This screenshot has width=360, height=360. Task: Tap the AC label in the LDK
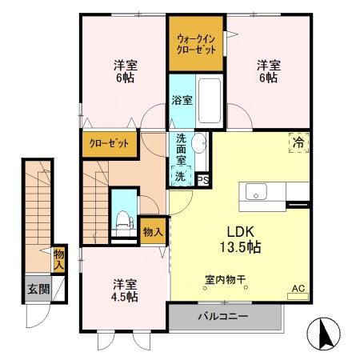pos(298,289)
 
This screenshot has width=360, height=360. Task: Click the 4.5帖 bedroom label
pos(124,290)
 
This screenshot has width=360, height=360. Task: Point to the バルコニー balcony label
pos(223,317)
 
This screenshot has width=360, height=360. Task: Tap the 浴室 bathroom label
pos(182,101)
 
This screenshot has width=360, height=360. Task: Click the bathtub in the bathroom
pos(211,99)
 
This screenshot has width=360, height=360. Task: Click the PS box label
pos(203,180)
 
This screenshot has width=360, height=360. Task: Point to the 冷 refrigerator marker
pos(298,144)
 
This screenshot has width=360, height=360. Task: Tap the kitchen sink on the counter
pos(258,191)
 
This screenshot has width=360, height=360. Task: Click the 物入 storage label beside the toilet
pos(153,232)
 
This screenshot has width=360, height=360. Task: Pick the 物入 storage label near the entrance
pos(59,259)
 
